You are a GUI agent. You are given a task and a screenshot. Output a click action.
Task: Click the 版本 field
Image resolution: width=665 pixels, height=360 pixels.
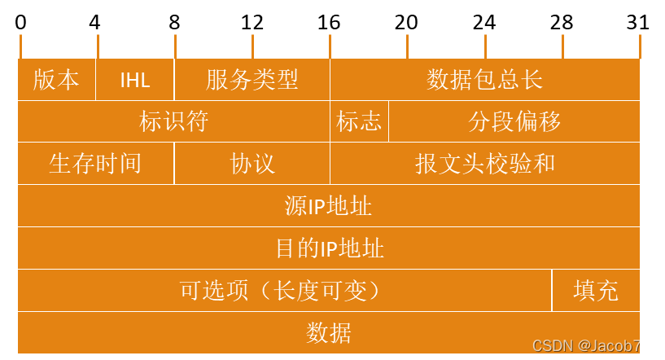click(56, 80)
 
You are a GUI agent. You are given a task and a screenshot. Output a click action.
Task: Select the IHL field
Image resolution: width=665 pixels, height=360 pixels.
click(135, 80)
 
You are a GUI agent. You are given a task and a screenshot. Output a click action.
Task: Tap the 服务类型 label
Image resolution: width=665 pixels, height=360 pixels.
click(252, 80)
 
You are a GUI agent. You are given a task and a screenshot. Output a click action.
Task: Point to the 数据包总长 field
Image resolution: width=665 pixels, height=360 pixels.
click(484, 80)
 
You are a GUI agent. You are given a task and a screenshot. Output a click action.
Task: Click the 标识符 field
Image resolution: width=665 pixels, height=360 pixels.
click(173, 122)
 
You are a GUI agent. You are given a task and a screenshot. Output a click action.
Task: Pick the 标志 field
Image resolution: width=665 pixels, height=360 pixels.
click(359, 122)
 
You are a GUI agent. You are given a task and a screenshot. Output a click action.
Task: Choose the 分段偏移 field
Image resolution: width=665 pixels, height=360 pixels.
click(514, 122)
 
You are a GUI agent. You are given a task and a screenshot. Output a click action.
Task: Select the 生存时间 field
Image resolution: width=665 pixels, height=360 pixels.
click(95, 164)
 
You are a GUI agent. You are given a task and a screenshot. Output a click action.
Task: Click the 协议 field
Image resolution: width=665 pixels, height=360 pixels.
click(252, 164)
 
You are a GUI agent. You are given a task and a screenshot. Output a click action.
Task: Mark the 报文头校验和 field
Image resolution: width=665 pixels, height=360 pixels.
click(484, 164)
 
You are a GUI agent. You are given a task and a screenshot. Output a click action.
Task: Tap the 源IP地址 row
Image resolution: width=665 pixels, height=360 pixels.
click(329, 206)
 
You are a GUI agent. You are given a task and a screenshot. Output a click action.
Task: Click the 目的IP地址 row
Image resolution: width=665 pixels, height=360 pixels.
click(329, 248)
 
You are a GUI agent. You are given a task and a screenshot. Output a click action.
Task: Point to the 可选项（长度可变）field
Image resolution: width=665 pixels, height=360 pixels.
click(281, 291)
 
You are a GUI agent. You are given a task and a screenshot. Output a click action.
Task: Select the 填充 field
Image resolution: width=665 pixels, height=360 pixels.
click(596, 291)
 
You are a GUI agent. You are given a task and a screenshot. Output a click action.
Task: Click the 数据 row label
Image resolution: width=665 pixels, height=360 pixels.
click(329, 333)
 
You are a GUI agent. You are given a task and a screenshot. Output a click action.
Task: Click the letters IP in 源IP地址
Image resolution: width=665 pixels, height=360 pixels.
click(317, 207)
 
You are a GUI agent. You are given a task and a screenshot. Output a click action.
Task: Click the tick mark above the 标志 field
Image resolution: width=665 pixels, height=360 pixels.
click(330, 46)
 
